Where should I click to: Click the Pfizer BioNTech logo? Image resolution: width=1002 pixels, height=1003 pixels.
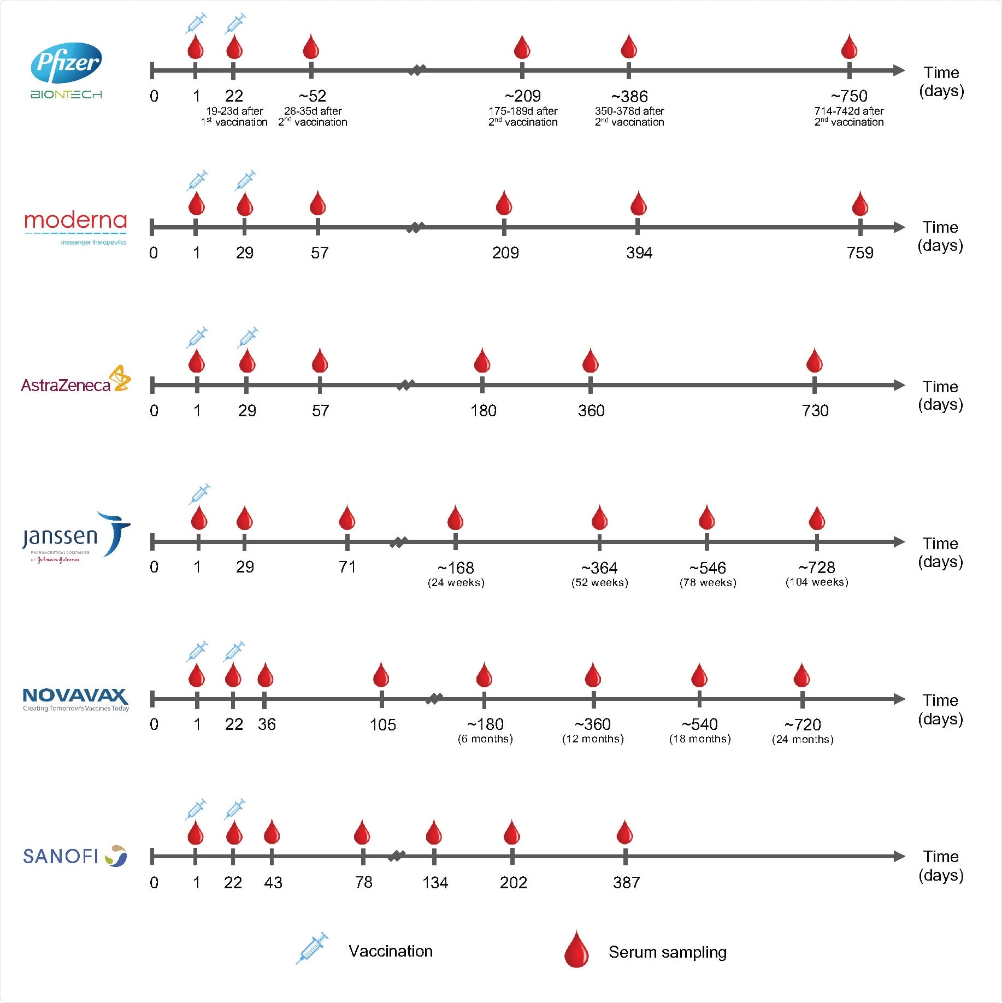coord(66,70)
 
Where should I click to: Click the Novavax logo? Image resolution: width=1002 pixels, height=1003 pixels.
coord(75,699)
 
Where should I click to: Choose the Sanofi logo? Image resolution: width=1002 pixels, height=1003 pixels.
coord(75,855)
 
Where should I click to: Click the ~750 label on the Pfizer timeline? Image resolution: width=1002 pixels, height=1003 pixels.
coord(849,96)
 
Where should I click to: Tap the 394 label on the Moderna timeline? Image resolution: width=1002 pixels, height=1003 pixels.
coord(639,253)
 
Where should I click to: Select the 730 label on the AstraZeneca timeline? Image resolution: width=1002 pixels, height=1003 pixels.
coord(815,411)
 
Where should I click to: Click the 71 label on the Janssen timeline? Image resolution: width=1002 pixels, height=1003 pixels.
coord(347,567)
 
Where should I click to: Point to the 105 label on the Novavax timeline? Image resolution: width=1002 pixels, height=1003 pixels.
coord(382,725)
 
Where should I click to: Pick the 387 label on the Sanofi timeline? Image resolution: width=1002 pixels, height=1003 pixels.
coord(626,882)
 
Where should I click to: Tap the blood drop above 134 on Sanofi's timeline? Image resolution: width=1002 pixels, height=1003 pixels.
coord(434,833)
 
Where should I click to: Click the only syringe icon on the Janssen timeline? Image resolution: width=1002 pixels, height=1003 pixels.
coord(200,494)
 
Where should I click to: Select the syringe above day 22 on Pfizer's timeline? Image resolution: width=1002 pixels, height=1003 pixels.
coord(235,24)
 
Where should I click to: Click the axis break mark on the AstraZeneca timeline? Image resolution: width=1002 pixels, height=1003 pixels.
coord(405,385)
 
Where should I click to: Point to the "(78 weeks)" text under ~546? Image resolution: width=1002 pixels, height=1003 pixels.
coord(708,582)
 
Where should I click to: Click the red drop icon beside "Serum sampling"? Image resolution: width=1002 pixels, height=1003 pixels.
coord(576,949)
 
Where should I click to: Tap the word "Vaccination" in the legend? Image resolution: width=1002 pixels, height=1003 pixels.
coord(391,951)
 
